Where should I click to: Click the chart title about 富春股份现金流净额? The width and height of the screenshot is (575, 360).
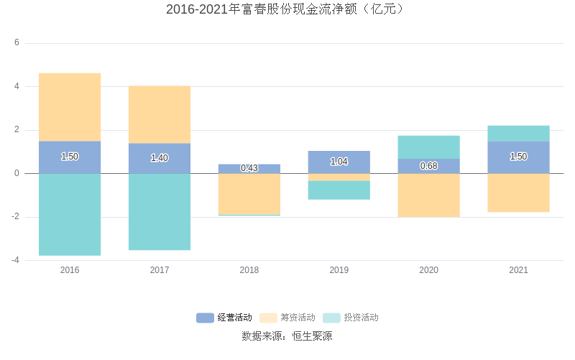click(x=286, y=9)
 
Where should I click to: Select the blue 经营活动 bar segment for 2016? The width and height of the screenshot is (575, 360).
click(x=70, y=165)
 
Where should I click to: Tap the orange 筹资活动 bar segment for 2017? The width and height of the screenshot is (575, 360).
click(x=160, y=114)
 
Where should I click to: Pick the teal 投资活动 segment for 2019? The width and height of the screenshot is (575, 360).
click(x=339, y=190)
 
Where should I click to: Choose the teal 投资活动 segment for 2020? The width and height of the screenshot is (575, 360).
click(x=429, y=147)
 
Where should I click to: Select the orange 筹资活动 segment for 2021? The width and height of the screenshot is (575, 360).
click(x=518, y=193)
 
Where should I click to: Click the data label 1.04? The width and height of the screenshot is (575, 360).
click(x=339, y=162)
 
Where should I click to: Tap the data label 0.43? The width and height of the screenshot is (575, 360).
click(x=249, y=168)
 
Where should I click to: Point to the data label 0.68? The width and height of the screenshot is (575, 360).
click(x=429, y=166)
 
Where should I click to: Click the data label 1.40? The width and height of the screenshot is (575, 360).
click(x=160, y=158)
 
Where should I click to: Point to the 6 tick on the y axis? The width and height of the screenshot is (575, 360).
click(x=17, y=43)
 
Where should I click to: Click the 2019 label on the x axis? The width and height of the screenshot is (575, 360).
click(x=339, y=270)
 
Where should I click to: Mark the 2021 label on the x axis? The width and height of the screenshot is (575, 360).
click(x=518, y=270)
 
